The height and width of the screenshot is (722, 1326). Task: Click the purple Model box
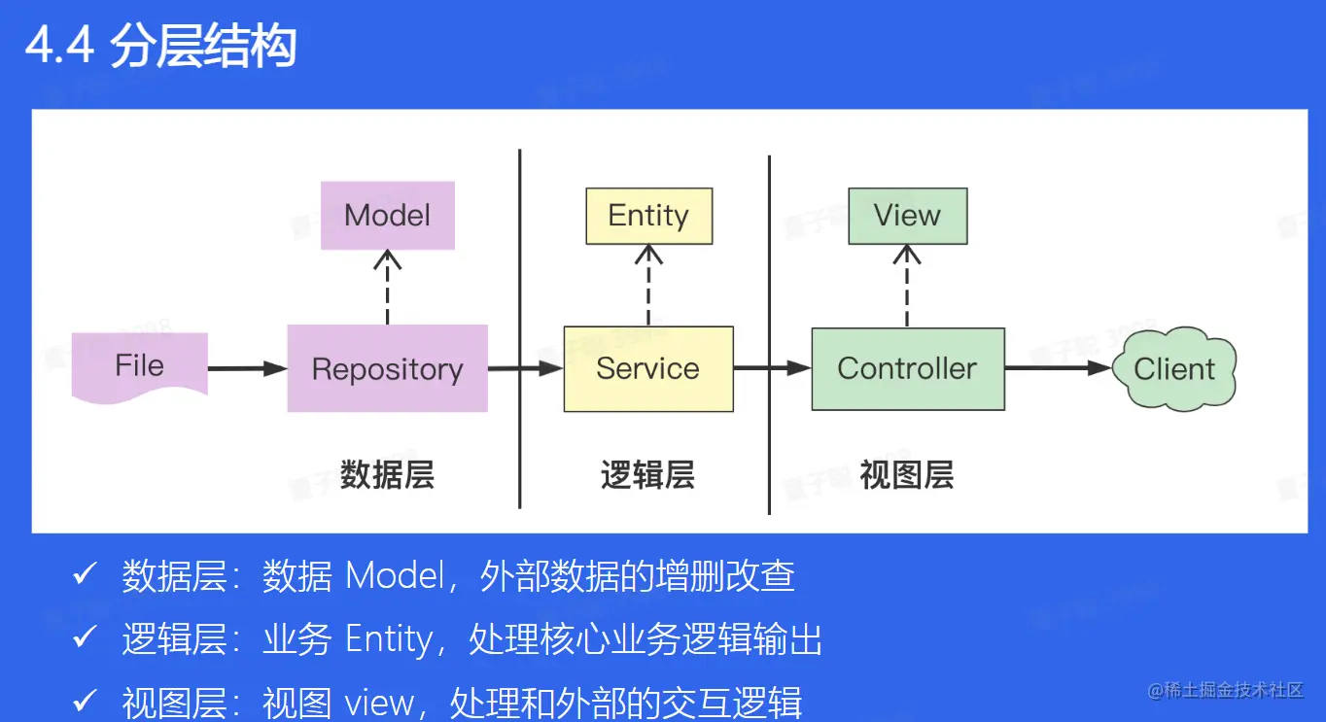click(x=387, y=215)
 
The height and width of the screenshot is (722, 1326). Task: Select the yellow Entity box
click(x=648, y=216)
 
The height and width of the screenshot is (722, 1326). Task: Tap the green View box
click(x=907, y=216)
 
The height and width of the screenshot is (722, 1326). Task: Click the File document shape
click(x=140, y=366)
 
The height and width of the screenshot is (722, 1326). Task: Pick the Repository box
click(x=387, y=369)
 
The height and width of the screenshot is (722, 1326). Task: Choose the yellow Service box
click(x=648, y=369)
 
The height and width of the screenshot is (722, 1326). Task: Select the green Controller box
click(x=907, y=369)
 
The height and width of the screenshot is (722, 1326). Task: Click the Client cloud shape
click(x=1174, y=369)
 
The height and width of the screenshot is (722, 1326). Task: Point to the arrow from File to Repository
click(x=247, y=368)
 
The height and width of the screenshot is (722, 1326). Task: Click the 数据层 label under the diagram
click(x=387, y=475)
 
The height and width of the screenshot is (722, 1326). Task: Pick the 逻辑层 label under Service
click(x=647, y=475)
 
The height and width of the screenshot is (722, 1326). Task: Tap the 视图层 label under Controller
click(x=907, y=475)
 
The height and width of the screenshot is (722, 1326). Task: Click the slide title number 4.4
click(x=59, y=47)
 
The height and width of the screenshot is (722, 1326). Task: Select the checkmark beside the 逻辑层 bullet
click(x=85, y=638)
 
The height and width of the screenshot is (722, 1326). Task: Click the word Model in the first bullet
click(x=396, y=576)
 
